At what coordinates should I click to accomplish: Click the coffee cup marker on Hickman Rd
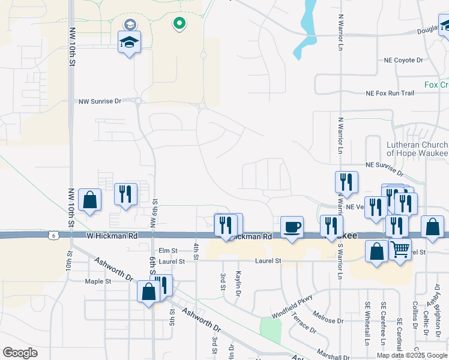tap(292, 227)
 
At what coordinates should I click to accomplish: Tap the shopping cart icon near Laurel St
tap(400, 248)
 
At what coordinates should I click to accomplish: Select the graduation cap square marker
tap(129, 43)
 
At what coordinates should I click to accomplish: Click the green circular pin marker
tap(179, 24)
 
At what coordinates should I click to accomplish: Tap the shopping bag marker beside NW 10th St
tap(89, 200)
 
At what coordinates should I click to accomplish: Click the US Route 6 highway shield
tap(54, 236)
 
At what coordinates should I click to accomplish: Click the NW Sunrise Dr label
tap(100, 101)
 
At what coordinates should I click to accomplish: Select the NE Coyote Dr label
tap(403, 61)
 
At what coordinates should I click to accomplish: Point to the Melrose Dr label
tap(328, 320)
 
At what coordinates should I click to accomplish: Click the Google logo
tap(20, 352)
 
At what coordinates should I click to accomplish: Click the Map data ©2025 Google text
tap(411, 355)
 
